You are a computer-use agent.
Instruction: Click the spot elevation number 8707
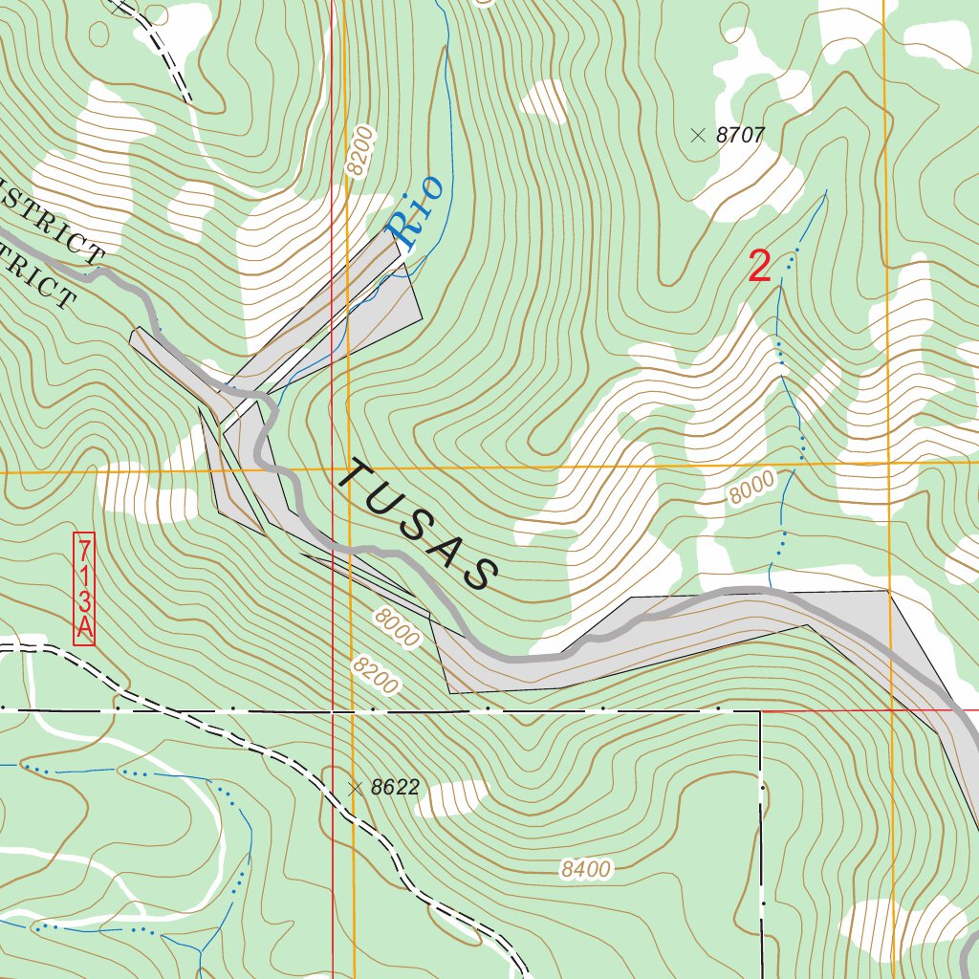[x=741, y=136]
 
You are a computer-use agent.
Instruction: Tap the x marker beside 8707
[x=698, y=136]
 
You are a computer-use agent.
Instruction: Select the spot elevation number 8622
[x=396, y=788]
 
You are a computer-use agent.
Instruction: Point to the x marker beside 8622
[x=356, y=788]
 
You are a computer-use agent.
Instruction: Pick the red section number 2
[x=759, y=267]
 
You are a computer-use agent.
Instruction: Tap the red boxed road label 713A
[x=84, y=588]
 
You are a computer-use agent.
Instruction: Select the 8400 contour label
[x=585, y=869]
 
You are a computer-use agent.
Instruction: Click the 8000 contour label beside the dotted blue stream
[x=751, y=490]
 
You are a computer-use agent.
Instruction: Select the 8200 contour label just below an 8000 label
[x=374, y=675]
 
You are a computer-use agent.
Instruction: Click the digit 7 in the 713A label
[x=84, y=550]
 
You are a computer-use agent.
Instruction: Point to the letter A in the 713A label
[x=84, y=627]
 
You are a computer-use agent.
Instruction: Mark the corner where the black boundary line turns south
[x=760, y=711]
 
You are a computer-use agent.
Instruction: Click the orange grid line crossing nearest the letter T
[x=349, y=470]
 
